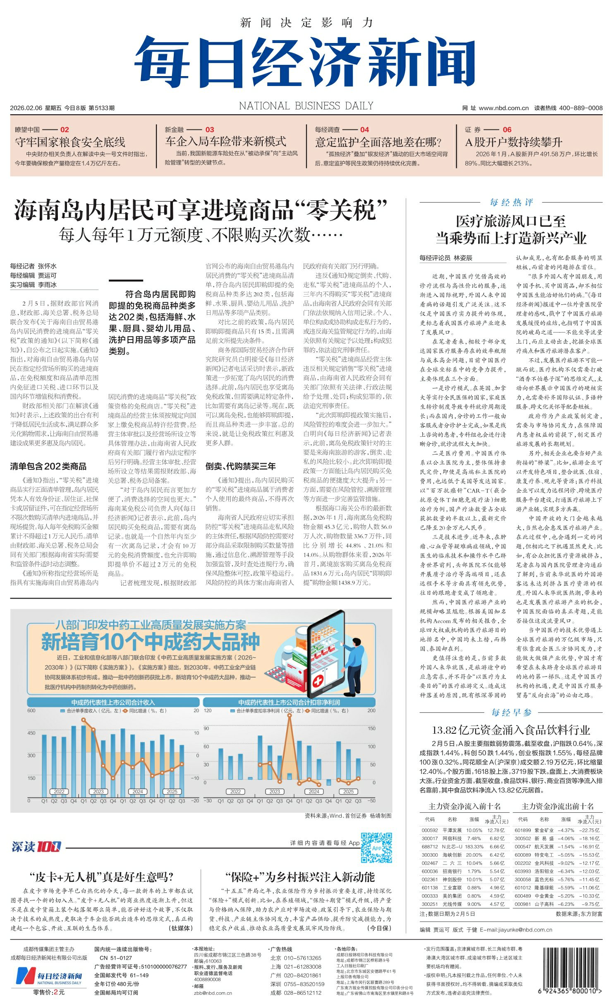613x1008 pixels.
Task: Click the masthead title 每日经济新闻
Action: click(305, 62)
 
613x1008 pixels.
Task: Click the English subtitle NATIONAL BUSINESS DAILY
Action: click(306, 106)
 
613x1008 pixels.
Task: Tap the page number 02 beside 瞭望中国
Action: click(65, 129)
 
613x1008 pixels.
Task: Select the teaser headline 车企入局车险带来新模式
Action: click(225, 141)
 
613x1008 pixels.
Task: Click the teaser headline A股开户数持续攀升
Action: click(513, 142)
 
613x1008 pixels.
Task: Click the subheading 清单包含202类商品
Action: click(48, 467)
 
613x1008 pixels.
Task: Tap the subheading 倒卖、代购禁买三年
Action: click(241, 467)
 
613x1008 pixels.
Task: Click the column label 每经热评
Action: click(511, 202)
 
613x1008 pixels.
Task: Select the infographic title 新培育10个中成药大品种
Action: click(151, 642)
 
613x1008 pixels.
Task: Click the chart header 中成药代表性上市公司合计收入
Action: click(113, 702)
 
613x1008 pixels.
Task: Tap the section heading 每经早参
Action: click(511, 712)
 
